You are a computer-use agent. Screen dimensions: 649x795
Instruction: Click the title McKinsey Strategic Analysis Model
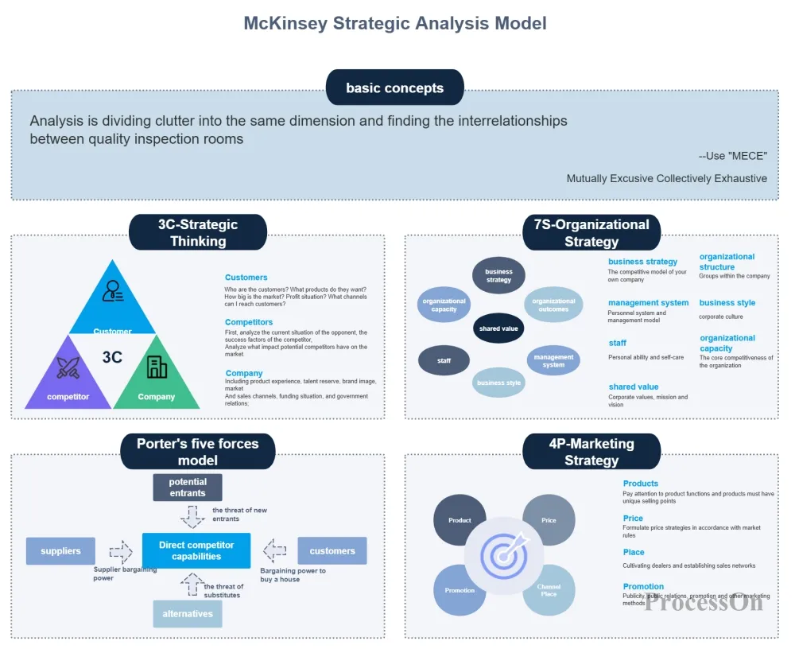pos(394,23)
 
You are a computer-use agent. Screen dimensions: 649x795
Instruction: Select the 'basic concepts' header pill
pos(394,87)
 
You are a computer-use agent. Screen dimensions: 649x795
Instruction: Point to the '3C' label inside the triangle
pos(112,357)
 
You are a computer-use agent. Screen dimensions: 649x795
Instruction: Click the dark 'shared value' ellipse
pos(498,328)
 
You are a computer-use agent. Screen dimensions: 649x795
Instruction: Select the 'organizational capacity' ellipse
pos(444,305)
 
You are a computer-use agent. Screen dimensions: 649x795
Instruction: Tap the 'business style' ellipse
pos(498,383)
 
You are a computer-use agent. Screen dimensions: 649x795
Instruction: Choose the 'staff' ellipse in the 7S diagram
pos(444,360)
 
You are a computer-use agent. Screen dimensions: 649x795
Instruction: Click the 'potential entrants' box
pos(188,487)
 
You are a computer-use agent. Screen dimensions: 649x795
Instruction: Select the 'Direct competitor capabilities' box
pos(196,550)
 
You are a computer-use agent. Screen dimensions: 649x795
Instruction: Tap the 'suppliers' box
pos(60,550)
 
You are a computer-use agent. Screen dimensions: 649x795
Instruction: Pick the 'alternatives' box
pos(188,614)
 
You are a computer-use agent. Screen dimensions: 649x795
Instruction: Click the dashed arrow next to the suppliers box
pos(121,550)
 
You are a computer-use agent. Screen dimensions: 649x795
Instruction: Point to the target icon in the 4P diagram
pos(504,554)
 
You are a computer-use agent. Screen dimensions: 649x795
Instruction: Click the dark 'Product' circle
pos(460,520)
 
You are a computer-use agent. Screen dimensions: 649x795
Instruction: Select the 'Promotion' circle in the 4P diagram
pos(460,590)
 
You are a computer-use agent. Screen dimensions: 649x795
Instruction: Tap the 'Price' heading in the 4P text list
pos(633,519)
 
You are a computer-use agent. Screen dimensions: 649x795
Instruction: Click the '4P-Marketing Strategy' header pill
pos(591,452)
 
